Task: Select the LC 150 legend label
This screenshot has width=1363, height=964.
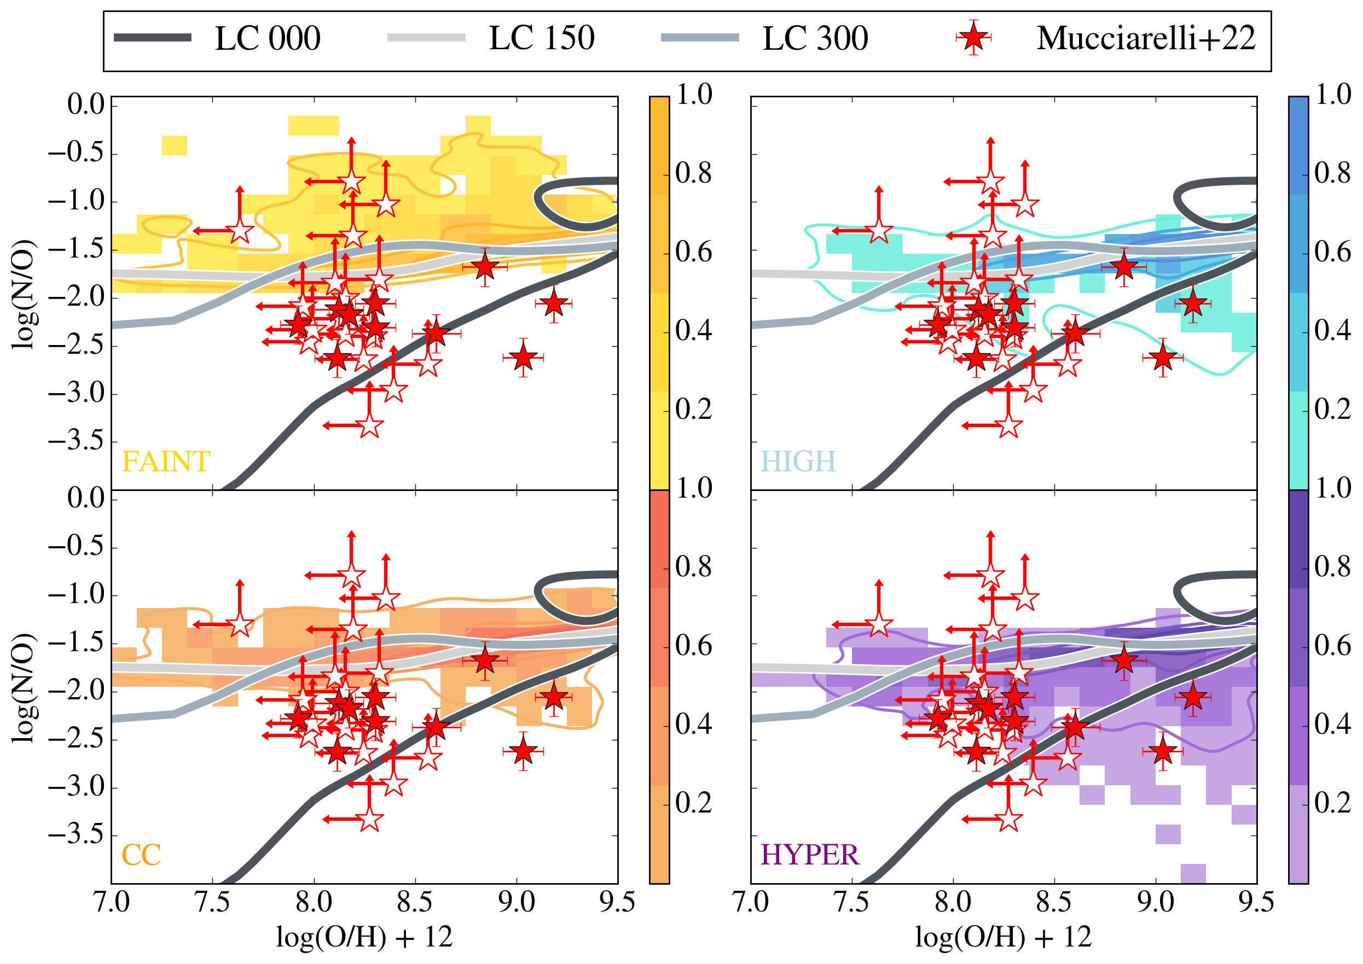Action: pyautogui.click(x=541, y=39)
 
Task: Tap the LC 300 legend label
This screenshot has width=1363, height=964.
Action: pyautogui.click(x=815, y=39)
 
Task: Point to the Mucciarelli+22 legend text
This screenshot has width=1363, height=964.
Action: pyautogui.click(x=1146, y=39)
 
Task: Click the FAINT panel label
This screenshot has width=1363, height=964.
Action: pyautogui.click(x=166, y=462)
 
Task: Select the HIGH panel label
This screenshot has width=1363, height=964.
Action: pyautogui.click(x=798, y=462)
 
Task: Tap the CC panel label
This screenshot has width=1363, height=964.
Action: pyautogui.click(x=141, y=855)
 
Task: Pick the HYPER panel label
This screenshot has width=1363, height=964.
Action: pyautogui.click(x=810, y=855)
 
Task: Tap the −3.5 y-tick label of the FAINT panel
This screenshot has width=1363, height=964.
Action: pyautogui.click(x=77, y=442)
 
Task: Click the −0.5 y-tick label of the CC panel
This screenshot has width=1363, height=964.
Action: pyautogui.click(x=77, y=547)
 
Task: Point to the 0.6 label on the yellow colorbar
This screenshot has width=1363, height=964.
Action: pyautogui.click(x=694, y=252)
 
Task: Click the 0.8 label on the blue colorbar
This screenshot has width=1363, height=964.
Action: pyautogui.click(x=1333, y=173)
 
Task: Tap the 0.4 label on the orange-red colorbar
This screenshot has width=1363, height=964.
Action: pyautogui.click(x=694, y=724)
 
